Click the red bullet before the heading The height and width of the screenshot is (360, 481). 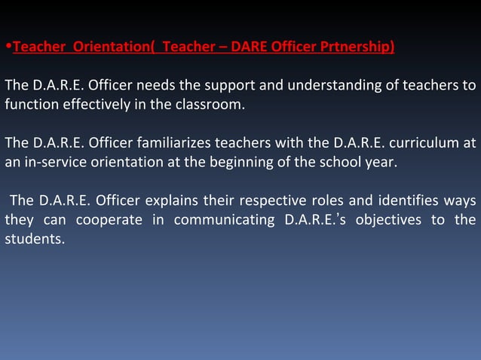[x=8, y=49]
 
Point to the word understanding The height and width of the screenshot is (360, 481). [x=326, y=85]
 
